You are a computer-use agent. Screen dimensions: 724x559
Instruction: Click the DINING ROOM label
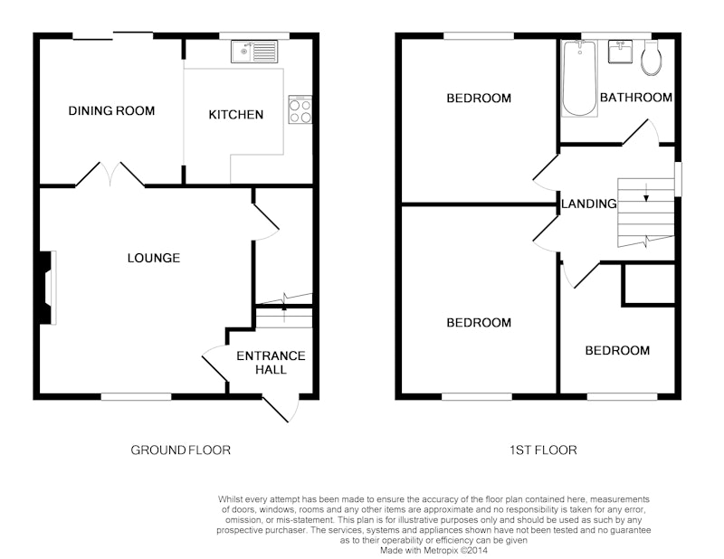click(111, 110)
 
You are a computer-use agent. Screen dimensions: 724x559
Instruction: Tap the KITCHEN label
click(236, 115)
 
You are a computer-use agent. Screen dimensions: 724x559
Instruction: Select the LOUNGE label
click(154, 258)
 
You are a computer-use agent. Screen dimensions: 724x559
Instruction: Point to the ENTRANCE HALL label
click(271, 363)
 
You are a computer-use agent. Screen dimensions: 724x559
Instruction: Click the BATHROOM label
click(636, 98)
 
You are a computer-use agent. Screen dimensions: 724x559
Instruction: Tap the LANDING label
click(589, 204)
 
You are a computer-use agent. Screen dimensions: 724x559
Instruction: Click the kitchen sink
click(254, 52)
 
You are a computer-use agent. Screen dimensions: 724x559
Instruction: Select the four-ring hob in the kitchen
click(300, 109)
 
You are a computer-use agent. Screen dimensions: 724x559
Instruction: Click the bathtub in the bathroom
click(579, 78)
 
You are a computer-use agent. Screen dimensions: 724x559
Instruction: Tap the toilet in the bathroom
click(651, 59)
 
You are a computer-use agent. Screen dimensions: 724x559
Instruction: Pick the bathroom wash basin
click(620, 52)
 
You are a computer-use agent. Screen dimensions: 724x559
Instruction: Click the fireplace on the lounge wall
click(47, 288)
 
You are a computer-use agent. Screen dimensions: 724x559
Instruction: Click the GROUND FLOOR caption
click(180, 450)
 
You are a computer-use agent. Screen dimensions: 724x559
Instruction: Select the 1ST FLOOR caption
click(543, 450)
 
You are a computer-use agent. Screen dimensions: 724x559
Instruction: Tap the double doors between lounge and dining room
click(110, 174)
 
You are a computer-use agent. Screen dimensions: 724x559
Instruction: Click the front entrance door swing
click(281, 409)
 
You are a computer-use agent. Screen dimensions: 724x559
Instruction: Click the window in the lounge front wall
click(137, 396)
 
